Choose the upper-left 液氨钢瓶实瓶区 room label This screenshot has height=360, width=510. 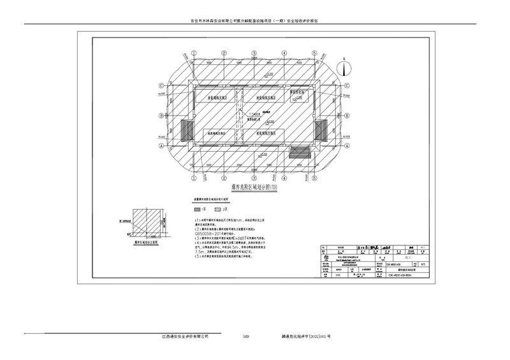(x=218, y=98)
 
